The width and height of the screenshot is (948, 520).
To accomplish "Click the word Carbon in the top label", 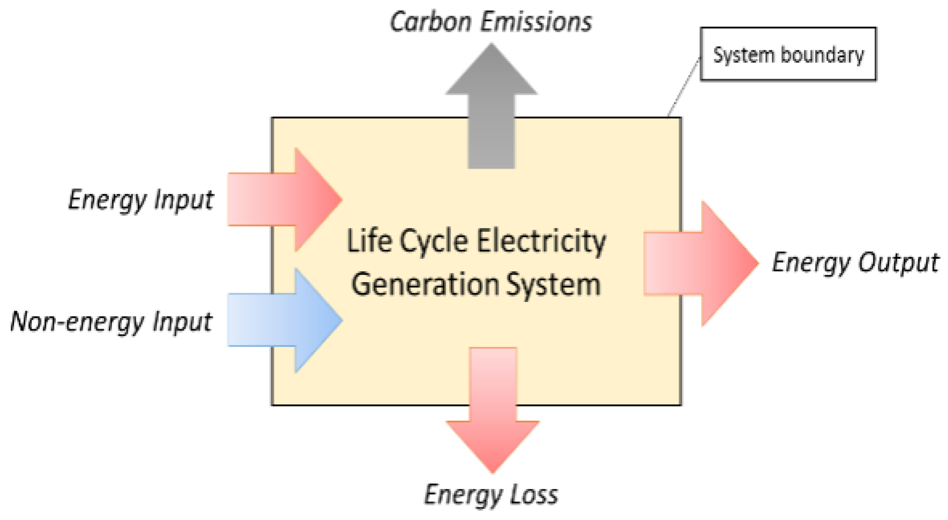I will click(431, 22).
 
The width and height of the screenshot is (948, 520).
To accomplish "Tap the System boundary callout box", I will click(788, 54).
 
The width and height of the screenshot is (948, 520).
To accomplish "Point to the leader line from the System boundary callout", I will click(684, 87).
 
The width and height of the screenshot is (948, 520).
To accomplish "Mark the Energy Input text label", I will click(141, 200).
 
